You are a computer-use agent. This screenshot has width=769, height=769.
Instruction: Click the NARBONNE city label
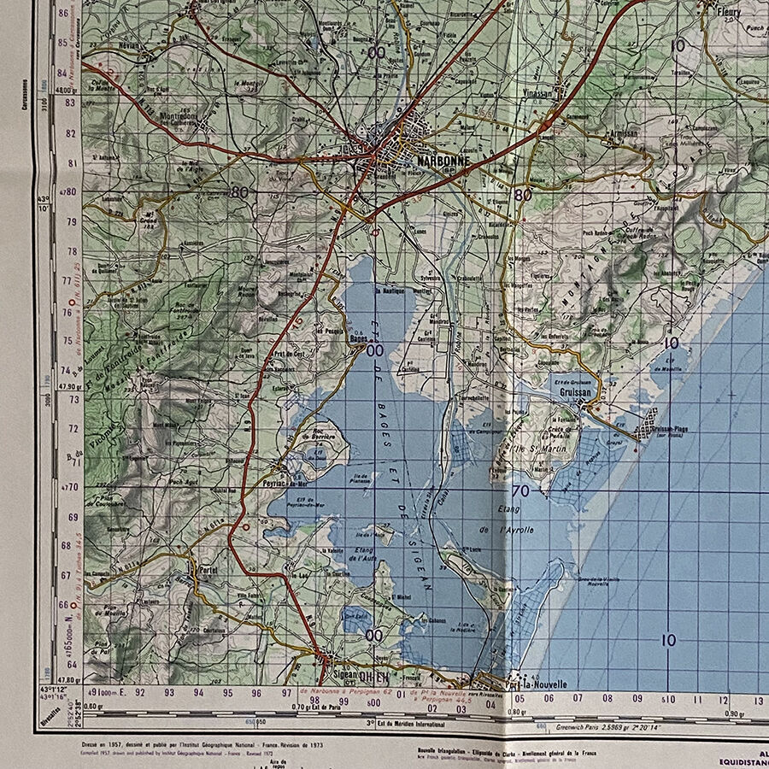coord(437,160)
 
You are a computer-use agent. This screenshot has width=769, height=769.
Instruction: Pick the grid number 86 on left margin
coord(63,12)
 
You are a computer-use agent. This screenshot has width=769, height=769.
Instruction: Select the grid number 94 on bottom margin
coord(198,693)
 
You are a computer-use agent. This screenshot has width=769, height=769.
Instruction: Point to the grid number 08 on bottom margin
coord(606,698)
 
